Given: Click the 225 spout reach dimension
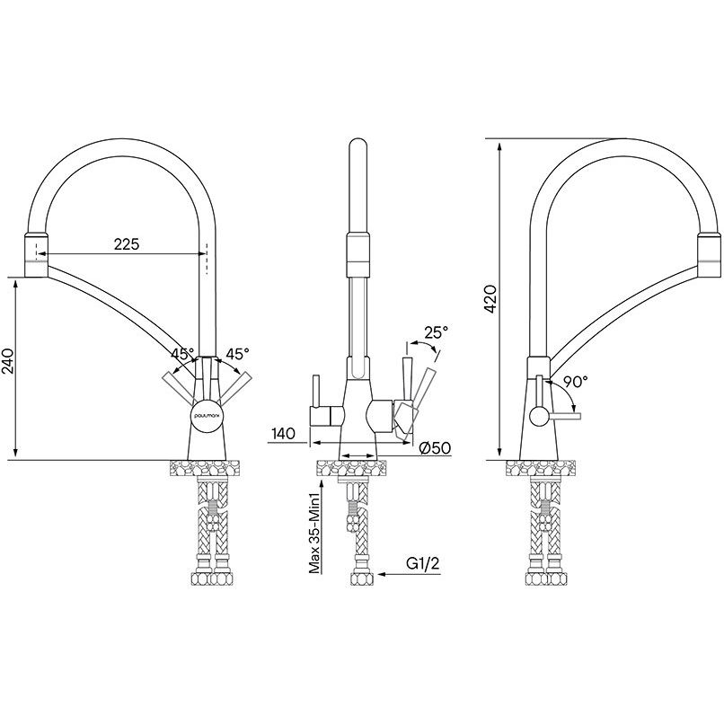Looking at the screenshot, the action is click(127, 244).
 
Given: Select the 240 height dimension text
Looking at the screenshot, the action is click(10, 360).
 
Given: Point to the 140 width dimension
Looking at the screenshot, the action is click(284, 434).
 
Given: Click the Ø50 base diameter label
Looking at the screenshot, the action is click(435, 447).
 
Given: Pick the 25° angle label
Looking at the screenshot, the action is click(436, 331).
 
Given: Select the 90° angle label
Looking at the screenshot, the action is click(575, 381).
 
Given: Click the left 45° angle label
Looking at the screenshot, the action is click(183, 354).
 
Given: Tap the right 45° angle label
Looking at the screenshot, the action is click(237, 354).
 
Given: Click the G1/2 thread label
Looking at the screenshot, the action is click(422, 564).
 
